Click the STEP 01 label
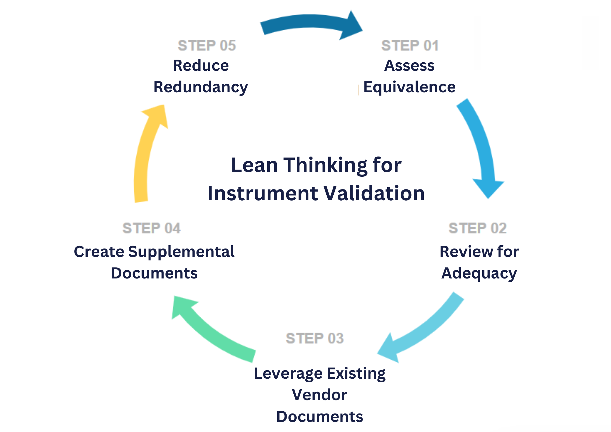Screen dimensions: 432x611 [x=410, y=45]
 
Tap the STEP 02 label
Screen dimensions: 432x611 [x=477, y=228]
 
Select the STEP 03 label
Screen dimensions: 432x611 [x=315, y=338]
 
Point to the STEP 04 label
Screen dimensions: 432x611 [x=151, y=228]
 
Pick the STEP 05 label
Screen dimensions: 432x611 [x=207, y=45]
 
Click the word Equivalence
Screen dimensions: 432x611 [x=409, y=87]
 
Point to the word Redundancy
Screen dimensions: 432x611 [x=201, y=87]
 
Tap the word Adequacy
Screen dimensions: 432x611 [x=479, y=273]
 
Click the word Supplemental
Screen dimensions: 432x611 [x=181, y=252]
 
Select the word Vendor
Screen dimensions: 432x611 [x=320, y=395]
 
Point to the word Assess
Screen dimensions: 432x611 [x=409, y=66]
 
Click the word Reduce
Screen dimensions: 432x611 [x=201, y=66]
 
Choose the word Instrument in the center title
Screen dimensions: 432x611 [x=263, y=193]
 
